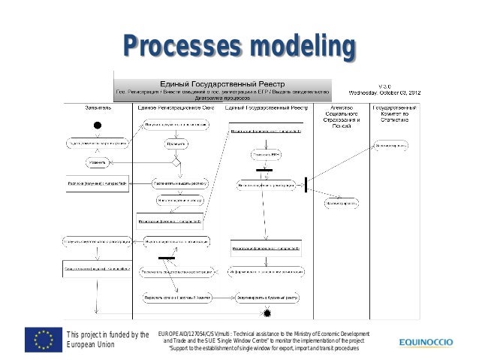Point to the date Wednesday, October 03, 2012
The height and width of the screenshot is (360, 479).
[x=388, y=93]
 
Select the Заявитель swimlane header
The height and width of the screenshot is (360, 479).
[x=98, y=108]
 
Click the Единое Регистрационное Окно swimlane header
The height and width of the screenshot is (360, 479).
[x=178, y=108]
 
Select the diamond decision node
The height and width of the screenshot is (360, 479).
[x=177, y=162]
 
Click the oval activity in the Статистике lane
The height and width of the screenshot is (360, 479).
[x=388, y=144]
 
